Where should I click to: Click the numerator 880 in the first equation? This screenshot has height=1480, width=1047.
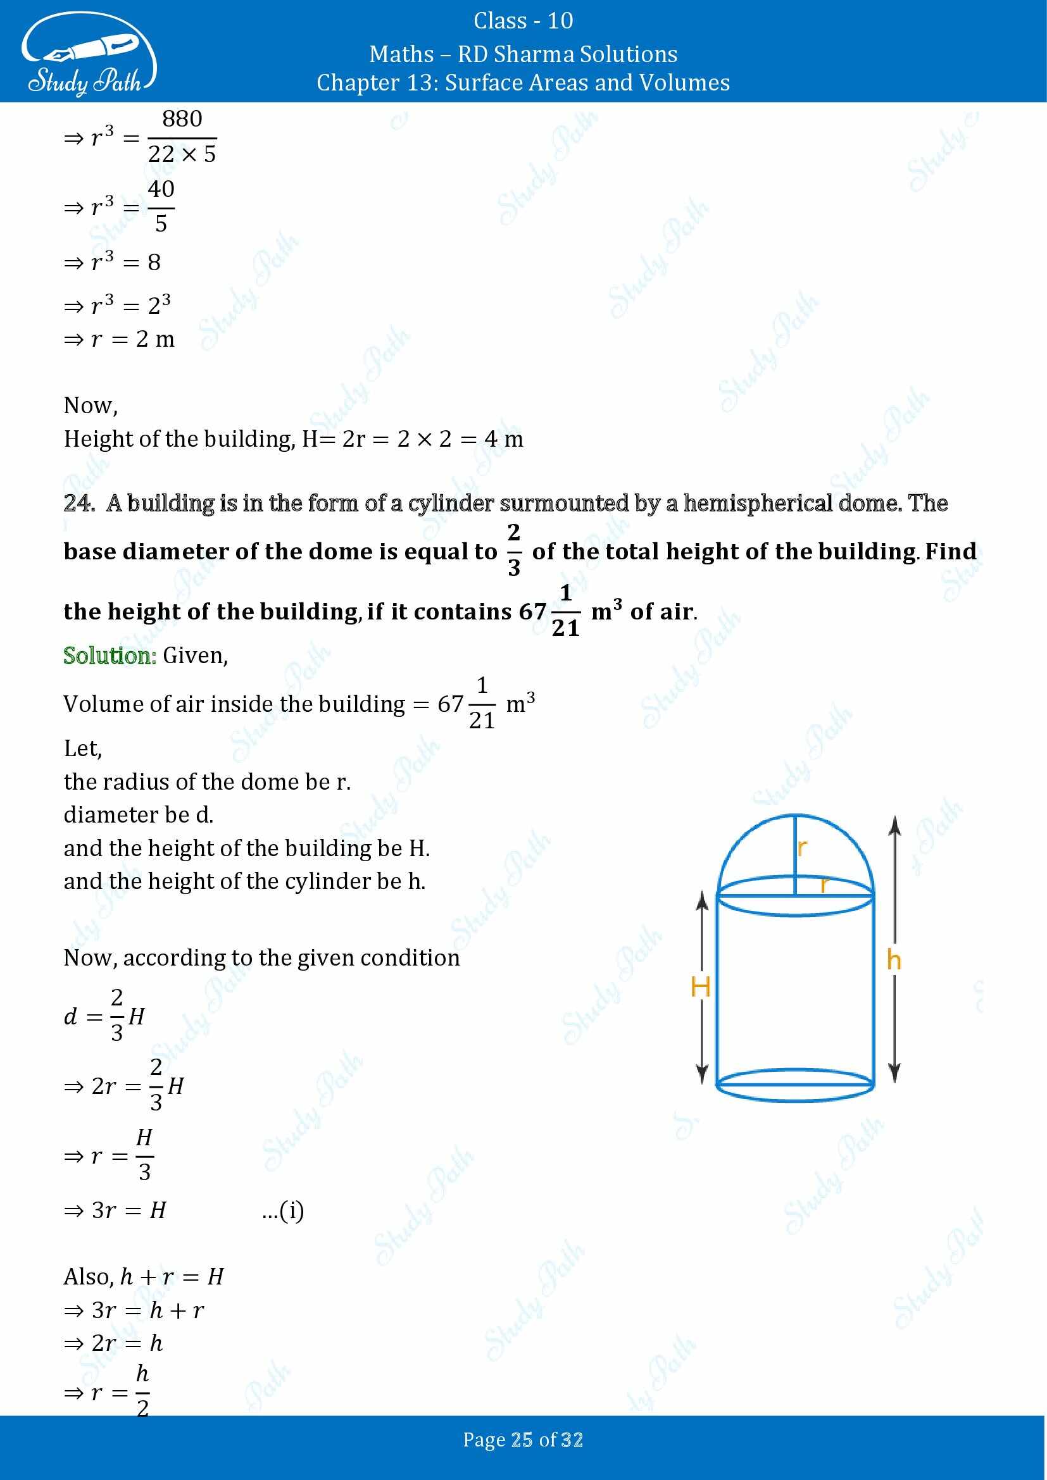pos(182,119)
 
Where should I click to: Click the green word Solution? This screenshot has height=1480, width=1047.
pos(110,656)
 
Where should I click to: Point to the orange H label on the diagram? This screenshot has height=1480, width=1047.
pos(700,987)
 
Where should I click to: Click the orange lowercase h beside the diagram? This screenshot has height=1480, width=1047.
pos(894,960)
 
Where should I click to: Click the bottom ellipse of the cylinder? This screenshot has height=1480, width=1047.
pos(795,1086)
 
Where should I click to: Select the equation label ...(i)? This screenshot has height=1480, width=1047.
pos(283,1210)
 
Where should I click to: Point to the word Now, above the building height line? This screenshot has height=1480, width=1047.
pos(91,406)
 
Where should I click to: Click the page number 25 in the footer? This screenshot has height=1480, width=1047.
pos(522,1440)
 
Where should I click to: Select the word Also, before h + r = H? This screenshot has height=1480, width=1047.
pos(89,1277)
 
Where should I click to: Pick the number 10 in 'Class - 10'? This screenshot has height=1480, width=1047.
pos(560,22)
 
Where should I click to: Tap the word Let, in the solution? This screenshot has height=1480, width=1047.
pos(82,749)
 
